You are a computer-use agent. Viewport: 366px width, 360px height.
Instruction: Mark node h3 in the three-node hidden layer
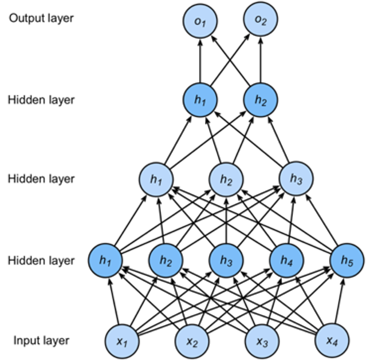pyautogui.click(x=296, y=179)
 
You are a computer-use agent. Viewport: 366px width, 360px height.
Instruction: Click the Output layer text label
pyautogui.click(x=41, y=18)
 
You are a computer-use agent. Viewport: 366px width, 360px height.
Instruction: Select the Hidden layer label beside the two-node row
pyautogui.click(x=41, y=100)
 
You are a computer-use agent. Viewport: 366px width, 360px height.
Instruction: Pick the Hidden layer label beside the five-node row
pyautogui.click(x=41, y=260)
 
